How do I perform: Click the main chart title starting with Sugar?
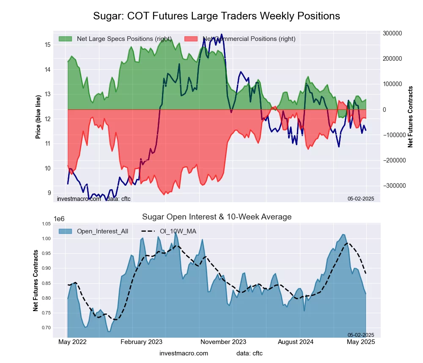click(217, 16)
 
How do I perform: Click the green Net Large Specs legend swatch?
click(65, 39)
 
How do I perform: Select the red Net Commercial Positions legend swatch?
click(191, 39)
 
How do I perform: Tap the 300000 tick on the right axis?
click(392, 33)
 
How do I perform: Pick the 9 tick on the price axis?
click(49, 193)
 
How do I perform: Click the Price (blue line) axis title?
click(38, 117)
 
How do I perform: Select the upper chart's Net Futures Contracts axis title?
click(410, 117)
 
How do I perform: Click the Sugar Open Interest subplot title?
click(217, 217)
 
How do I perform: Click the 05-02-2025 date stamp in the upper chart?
click(361, 198)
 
